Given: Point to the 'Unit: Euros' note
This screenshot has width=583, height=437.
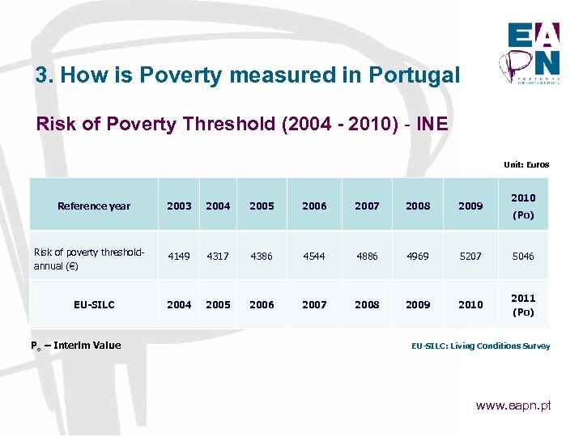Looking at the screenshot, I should [526, 164].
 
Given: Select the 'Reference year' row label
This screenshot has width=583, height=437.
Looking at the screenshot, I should [94, 206].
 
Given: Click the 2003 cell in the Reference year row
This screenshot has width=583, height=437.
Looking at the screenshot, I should [179, 206].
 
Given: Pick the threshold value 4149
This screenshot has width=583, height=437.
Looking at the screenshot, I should [179, 256].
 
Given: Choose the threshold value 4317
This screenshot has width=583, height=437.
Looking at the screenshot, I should [218, 256].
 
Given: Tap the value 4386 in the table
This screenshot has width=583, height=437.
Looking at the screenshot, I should [262, 256].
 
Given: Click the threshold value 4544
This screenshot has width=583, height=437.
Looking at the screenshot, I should [314, 256].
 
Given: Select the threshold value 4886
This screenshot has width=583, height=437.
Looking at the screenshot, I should [367, 256].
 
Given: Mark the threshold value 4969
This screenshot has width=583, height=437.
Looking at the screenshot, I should [419, 256].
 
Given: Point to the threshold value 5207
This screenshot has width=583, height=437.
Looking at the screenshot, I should [470, 256].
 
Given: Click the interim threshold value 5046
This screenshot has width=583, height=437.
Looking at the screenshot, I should [523, 256].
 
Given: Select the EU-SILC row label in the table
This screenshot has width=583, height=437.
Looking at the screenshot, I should [94, 304].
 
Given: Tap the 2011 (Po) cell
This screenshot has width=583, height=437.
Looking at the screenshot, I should [523, 304].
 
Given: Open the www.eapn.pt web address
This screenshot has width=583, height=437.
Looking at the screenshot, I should [513, 405].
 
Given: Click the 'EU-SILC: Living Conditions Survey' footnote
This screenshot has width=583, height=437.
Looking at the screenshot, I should [480, 346].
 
